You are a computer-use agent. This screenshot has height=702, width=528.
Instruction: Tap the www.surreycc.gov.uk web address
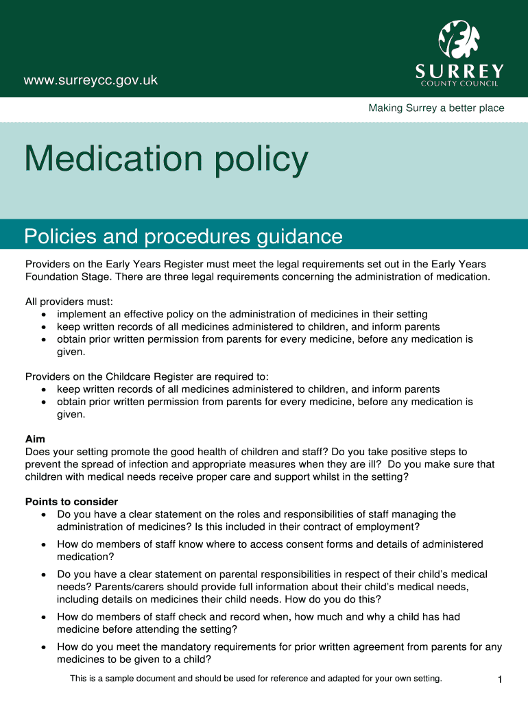pyautogui.click(x=91, y=81)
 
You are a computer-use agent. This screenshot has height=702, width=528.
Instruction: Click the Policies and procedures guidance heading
pyautogui.click(x=183, y=237)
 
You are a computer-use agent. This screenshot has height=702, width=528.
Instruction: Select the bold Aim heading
pyautogui.click(x=35, y=439)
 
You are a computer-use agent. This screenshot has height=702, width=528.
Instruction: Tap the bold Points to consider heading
pyautogui.click(x=71, y=502)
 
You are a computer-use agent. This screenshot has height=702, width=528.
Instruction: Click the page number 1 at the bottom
pyautogui.click(x=501, y=679)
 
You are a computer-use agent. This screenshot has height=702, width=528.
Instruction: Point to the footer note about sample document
pyautogui.click(x=256, y=679)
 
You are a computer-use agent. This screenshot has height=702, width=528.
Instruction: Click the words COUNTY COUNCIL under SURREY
pyautogui.click(x=459, y=84)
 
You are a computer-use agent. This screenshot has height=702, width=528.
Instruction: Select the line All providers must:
pyautogui.click(x=69, y=302)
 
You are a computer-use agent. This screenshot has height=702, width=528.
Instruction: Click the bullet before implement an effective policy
pyautogui.click(x=44, y=315)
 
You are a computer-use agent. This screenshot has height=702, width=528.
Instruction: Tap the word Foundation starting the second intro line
pyautogui.click(x=52, y=277)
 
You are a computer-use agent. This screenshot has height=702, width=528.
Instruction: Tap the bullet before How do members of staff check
pyautogui.click(x=44, y=617)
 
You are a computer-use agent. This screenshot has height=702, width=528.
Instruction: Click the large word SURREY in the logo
pyautogui.click(x=459, y=71)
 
